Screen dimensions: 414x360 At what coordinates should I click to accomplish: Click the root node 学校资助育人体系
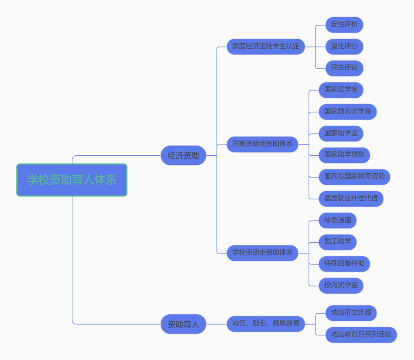pos(72,180)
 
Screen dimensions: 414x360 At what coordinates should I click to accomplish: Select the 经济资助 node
pos(183,156)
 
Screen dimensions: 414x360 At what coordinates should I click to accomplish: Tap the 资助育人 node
pos(183,324)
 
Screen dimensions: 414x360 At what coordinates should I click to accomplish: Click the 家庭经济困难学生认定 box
pos(266,46)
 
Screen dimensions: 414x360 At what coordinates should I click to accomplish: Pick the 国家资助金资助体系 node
pos(262,144)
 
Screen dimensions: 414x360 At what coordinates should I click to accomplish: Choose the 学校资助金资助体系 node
pos(262,253)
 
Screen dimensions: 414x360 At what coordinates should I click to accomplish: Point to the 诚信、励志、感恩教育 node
pos(266,324)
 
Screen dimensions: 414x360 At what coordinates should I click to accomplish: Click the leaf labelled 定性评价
pos(344,25)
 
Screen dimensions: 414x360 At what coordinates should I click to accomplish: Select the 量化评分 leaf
pos(344,46)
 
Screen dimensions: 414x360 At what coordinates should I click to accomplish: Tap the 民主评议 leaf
pos(344,68)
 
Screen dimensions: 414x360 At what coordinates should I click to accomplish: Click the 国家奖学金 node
pos(341,90)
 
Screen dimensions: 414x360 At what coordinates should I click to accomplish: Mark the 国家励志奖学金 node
pos(348,112)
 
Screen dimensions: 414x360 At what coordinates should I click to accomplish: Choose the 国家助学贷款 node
pos(344,155)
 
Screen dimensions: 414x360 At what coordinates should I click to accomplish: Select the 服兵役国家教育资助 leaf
pos(354,177)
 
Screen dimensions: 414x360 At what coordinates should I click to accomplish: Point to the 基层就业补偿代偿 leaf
pos(351,199)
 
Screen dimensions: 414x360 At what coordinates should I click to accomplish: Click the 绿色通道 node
pos(337,220)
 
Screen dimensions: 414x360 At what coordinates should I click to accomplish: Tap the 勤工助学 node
pos(337,242)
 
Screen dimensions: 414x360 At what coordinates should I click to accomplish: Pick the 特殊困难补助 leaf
pos(344,264)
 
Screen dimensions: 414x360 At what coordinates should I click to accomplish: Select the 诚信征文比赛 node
pos(351,313)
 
